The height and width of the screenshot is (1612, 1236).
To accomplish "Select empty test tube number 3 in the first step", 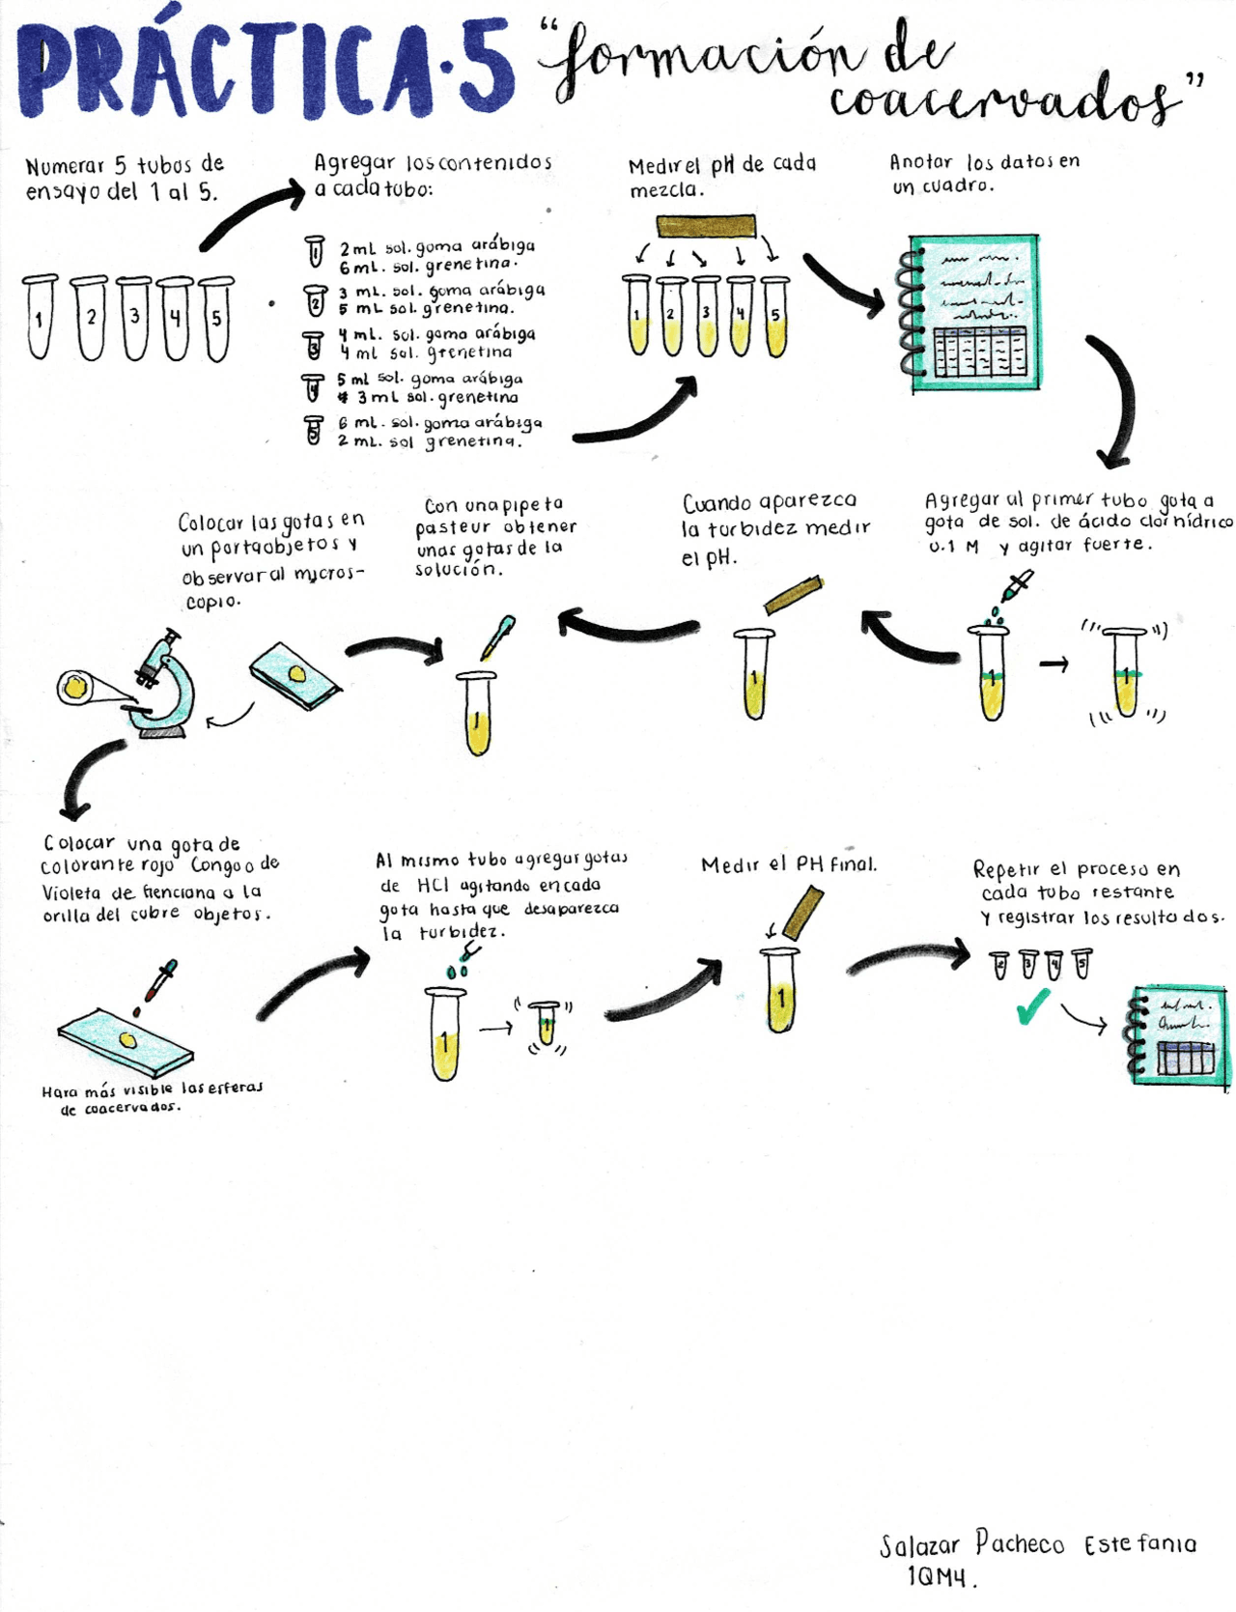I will tap(134, 318).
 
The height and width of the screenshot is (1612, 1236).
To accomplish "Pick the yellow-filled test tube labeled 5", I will tap(774, 317).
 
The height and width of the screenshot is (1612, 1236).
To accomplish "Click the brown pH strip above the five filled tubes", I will tap(706, 227).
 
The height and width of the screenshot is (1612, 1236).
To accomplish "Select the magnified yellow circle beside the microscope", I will tap(75, 687).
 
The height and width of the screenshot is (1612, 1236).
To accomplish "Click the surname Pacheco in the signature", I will tap(1019, 1542).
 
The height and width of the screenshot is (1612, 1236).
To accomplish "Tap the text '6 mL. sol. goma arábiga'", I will tap(439, 423).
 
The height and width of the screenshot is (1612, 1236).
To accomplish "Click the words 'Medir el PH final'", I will tap(789, 864).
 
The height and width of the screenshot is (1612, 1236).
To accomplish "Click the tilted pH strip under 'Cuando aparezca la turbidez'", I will tap(793, 595).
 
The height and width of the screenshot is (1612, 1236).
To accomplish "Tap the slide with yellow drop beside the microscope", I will tap(295, 675).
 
